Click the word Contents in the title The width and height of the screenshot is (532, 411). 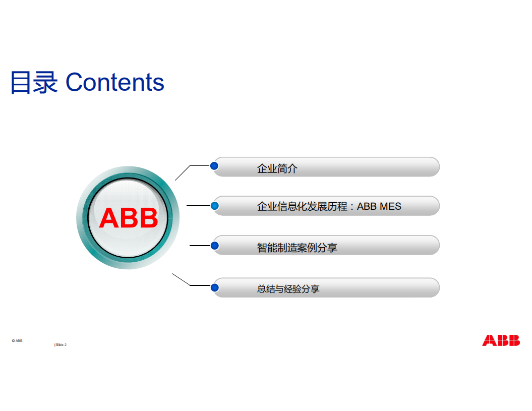[x=115, y=83]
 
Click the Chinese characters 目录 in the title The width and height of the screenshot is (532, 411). [x=34, y=83]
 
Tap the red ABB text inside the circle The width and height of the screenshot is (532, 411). [x=129, y=218]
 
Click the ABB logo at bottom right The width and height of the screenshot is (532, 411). [x=500, y=340]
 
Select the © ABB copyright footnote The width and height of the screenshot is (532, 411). [x=17, y=340]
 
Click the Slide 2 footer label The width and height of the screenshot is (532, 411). [x=61, y=345]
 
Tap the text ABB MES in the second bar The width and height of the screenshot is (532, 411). [x=379, y=206]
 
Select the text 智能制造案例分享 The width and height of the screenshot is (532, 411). [x=297, y=248]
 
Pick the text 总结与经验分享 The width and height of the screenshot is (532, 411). [x=288, y=289]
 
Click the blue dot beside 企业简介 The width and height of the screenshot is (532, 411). [x=214, y=165]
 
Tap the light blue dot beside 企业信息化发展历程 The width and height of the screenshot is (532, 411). [x=214, y=205]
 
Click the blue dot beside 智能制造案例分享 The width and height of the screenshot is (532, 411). [x=214, y=246]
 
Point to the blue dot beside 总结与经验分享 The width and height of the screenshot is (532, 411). [x=214, y=287]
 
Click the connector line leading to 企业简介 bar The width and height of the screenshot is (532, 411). [x=183, y=172]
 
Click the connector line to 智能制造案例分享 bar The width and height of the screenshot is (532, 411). [x=199, y=246]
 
